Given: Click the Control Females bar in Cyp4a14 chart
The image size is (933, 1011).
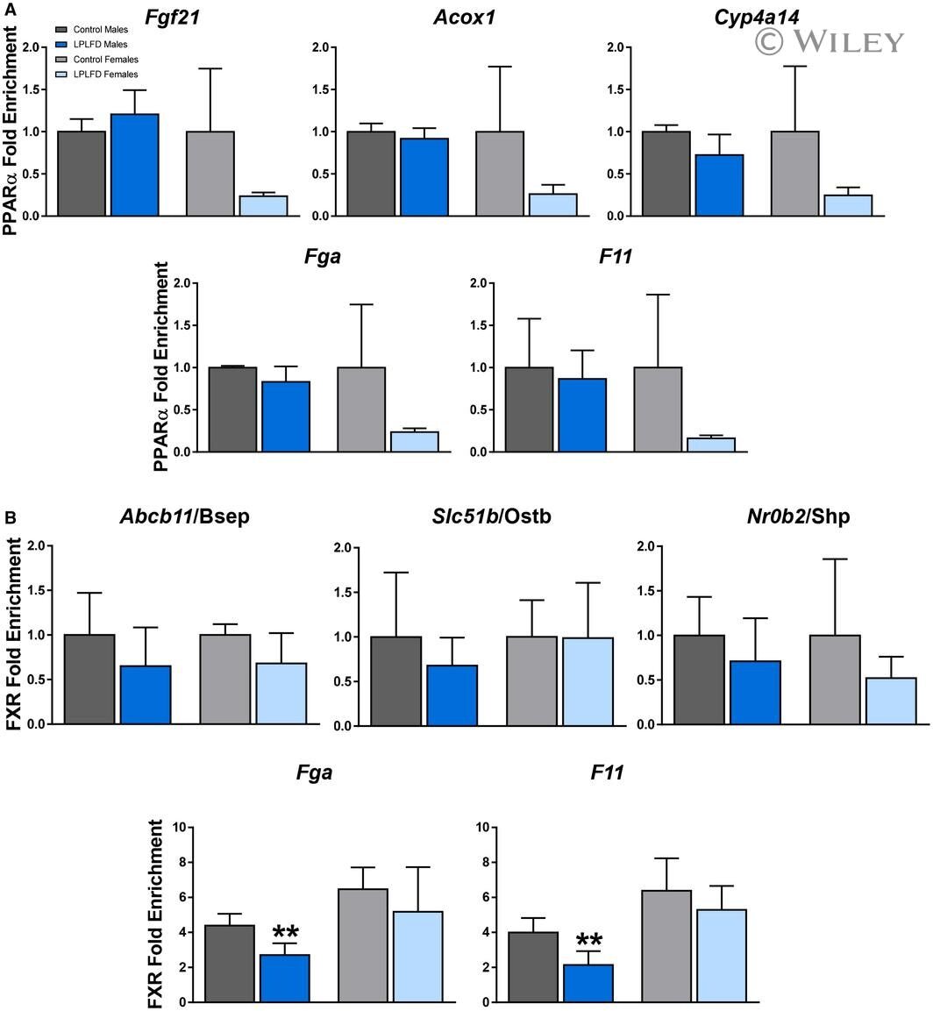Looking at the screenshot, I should [795, 174].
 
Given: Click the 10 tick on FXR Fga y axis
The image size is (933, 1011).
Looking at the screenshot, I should [179, 827].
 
